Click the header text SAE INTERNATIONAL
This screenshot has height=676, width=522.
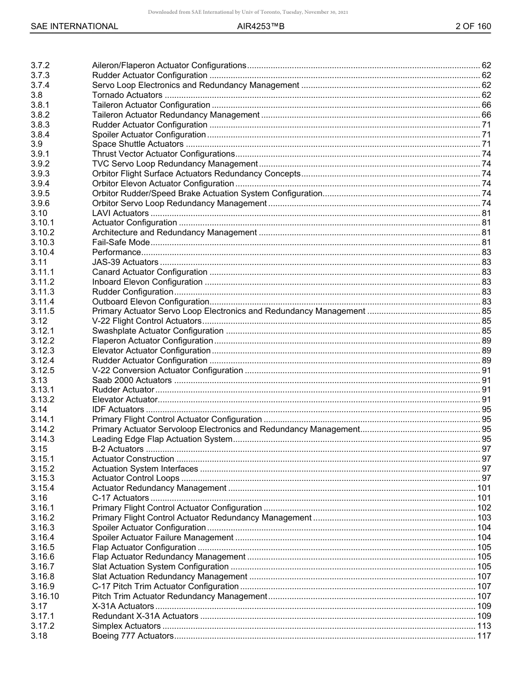pos(74,26)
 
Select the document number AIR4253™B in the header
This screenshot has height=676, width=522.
pos(260,26)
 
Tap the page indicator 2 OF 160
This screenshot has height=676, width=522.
pos(473,26)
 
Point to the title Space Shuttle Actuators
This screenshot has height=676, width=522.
pos(137,145)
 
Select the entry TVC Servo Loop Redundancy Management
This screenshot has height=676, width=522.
pos(175,164)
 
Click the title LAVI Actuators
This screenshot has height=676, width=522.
pos(120,213)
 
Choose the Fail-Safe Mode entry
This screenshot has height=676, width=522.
pos(121,242)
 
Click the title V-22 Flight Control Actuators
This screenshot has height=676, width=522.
pos(147,321)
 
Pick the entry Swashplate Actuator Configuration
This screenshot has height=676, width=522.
pos(158,331)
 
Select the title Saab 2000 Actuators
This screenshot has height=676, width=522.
pos(132,380)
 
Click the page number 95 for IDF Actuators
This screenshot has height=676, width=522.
pos(486,409)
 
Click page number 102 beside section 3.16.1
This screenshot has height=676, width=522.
pos(484,508)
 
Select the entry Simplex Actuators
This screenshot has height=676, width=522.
pos(126,626)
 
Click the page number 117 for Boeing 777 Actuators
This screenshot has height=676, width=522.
pos(484,636)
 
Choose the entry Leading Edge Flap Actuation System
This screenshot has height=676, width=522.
pos(162,439)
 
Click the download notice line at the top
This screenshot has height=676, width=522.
pos(248,12)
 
